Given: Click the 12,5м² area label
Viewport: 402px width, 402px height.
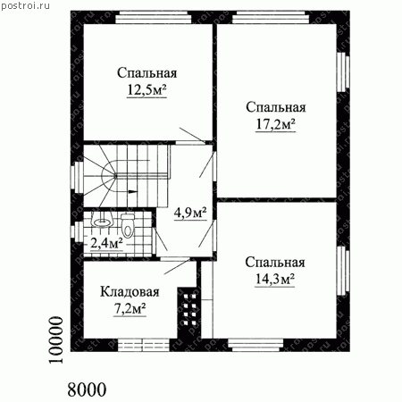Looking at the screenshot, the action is click(x=147, y=90).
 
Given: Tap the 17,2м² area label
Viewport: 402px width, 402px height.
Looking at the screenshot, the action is click(x=276, y=124).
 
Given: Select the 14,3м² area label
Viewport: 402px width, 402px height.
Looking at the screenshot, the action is click(x=275, y=279).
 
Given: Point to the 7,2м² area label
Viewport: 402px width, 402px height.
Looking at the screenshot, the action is click(x=130, y=309).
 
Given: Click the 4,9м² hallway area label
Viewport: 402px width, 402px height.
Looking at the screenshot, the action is click(x=190, y=213).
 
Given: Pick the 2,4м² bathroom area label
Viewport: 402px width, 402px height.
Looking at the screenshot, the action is click(x=106, y=244).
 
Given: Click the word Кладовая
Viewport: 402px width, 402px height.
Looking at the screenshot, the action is click(x=130, y=292).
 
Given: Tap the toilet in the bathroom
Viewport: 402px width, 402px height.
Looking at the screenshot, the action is click(x=128, y=226).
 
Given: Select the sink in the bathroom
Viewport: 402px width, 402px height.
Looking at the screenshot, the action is click(x=103, y=222).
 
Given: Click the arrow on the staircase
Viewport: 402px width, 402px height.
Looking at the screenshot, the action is click(x=133, y=191).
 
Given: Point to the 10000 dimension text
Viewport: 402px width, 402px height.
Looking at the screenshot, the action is click(x=56, y=340).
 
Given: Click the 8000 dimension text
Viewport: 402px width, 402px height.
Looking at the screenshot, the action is click(x=87, y=389).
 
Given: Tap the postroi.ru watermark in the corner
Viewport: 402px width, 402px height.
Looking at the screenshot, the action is click(x=25, y=6).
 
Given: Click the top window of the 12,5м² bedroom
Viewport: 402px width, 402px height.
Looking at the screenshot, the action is click(x=154, y=17).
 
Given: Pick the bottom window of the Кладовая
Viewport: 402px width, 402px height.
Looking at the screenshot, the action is click(x=144, y=346).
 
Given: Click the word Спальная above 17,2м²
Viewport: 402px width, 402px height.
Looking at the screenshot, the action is click(x=276, y=107).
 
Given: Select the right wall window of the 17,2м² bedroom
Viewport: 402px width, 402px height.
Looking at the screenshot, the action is click(x=343, y=72).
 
